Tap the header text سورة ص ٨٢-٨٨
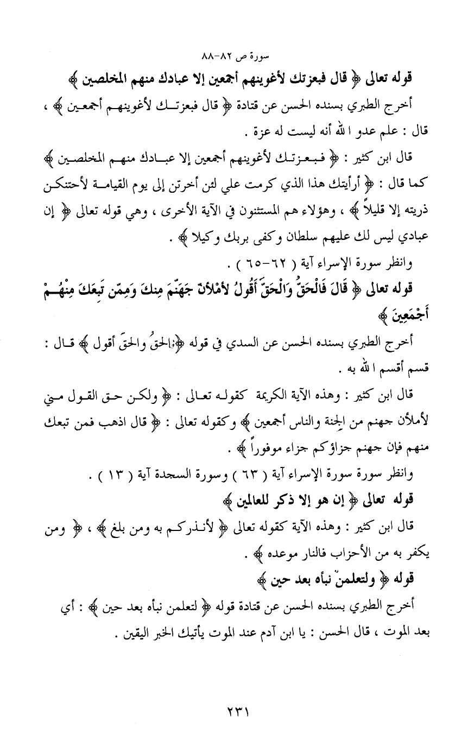236,56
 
